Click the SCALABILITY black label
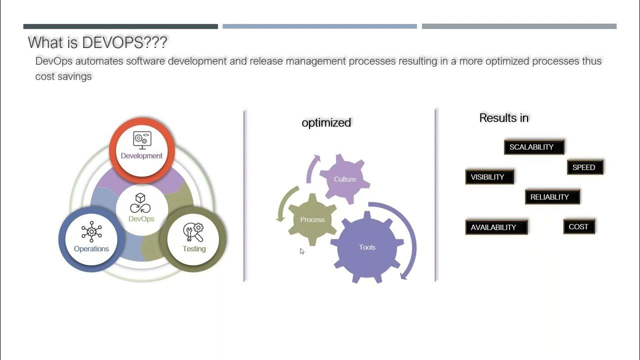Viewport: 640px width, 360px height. pos(534,147)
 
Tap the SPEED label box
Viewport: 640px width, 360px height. pos(585,167)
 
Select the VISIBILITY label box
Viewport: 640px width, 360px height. pos(489,177)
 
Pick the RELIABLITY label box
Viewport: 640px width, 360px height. pos(552,197)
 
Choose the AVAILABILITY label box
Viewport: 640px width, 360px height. pos(496,227)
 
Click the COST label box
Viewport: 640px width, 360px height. pos(579,226)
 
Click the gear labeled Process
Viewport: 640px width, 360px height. pos(311,220)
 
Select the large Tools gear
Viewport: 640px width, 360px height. pos(367,247)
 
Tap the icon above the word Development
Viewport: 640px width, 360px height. pos(142,140)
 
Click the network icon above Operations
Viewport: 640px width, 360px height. pos(91,231)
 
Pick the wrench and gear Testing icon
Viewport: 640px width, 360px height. pos(193,232)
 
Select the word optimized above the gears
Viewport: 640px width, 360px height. pos(326,122)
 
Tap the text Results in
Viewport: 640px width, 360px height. pos(503,118)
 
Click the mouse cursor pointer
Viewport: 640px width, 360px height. pos(302,251)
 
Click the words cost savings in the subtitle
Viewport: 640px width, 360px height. pos(63,77)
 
